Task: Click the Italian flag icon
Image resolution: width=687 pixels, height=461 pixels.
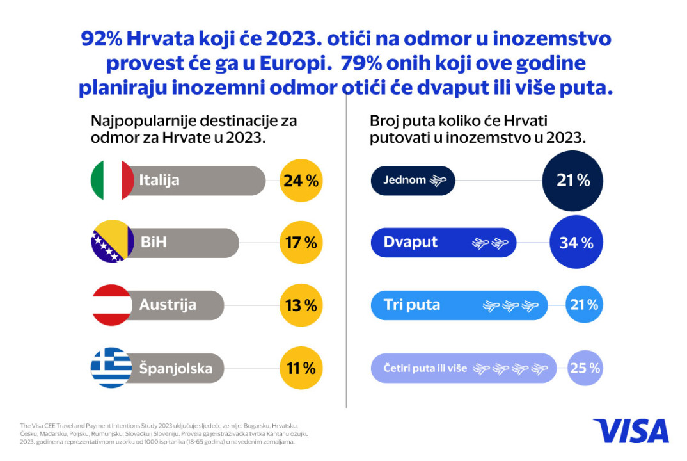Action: point(112,181)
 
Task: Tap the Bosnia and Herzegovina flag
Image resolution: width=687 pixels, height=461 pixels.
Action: point(112,243)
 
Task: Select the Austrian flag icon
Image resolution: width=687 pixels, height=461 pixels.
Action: point(112,305)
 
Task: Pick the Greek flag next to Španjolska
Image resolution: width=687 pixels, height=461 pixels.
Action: point(112,368)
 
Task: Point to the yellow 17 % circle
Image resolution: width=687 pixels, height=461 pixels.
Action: point(301,243)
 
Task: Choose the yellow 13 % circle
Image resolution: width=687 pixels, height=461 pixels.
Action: point(301,305)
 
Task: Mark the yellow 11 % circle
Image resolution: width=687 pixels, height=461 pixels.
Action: point(301,368)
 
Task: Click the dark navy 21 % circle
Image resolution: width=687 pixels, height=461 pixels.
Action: point(572,181)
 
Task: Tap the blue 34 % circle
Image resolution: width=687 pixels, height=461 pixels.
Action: point(576,243)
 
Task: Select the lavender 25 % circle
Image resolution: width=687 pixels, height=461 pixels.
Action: point(585,368)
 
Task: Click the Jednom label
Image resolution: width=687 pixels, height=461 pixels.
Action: point(404,181)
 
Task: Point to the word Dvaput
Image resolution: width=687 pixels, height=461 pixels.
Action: point(411,242)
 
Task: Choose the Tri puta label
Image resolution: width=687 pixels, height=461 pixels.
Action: point(412,305)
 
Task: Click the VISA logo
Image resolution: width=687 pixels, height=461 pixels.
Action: point(630,431)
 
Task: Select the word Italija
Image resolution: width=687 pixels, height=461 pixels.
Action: point(159,181)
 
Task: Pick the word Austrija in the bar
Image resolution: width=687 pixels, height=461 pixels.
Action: point(168,305)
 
